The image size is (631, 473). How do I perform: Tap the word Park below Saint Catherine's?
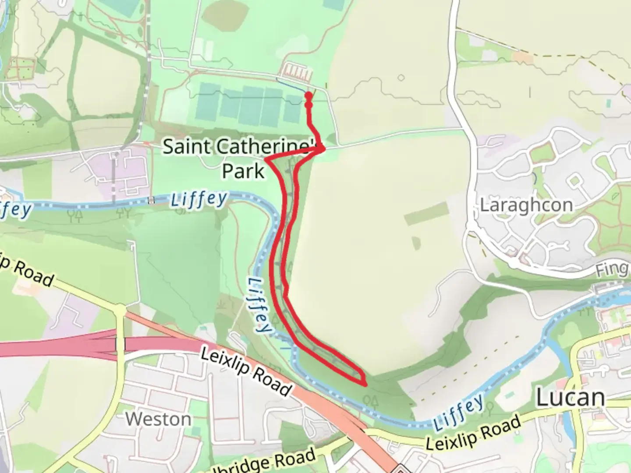(243, 170)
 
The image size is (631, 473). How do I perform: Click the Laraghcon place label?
(526, 205)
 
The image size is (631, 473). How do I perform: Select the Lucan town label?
(571, 398)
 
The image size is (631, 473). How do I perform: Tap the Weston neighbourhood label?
(158, 419)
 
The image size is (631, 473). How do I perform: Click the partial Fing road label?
(612, 269)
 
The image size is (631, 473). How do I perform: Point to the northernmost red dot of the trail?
(308, 95)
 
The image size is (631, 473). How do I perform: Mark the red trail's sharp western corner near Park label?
(266, 159)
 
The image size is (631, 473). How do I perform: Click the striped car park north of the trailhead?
(298, 70)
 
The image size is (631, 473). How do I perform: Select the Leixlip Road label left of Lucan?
(473, 432)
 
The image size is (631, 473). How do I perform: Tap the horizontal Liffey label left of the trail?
(199, 200)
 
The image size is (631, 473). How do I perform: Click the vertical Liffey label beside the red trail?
(259, 306)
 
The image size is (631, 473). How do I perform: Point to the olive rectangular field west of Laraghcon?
(426, 214)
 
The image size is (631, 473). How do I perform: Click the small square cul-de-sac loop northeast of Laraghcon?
(575, 180)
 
